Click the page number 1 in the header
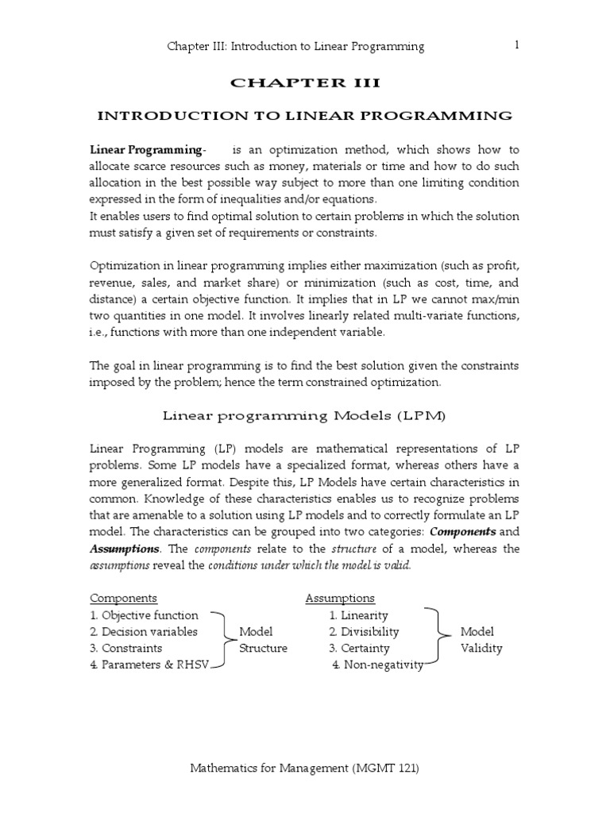(517, 45)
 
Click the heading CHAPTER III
(305, 83)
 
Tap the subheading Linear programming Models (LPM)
(305, 414)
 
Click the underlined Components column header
(123, 598)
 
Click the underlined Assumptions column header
(340, 598)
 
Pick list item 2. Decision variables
(144, 632)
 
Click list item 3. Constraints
(126, 649)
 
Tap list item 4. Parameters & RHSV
(149, 665)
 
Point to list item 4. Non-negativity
(378, 665)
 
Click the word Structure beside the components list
(263, 649)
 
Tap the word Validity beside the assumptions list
(481, 649)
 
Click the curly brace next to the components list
(222, 640)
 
